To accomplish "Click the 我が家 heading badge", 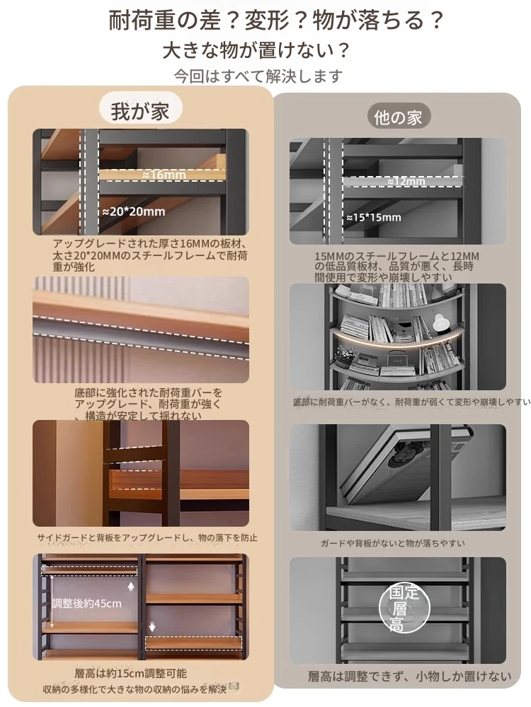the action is [x=140, y=110].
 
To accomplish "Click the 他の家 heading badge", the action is [x=397, y=117].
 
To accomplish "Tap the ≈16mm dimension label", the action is [x=164, y=175].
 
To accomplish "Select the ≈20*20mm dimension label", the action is [x=134, y=211].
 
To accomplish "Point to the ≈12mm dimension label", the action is [x=406, y=181].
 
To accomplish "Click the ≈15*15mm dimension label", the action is [x=373, y=218].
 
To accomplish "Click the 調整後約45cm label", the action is [x=86, y=603].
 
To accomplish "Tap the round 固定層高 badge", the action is [x=404, y=608].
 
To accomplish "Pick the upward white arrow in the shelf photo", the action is [x=132, y=586].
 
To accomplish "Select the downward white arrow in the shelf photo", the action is [x=152, y=626].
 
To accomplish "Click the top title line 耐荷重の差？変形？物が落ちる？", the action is [x=276, y=21].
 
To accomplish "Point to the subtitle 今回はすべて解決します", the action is [x=258, y=76].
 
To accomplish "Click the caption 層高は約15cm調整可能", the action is [x=130, y=674].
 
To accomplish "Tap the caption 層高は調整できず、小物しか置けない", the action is [x=410, y=677].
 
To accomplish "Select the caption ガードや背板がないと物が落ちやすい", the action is [x=392, y=543].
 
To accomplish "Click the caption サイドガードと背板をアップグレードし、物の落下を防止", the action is [x=147, y=537].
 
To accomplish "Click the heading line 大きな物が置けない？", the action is [x=256, y=50].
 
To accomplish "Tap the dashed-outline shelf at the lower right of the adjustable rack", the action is [x=193, y=643].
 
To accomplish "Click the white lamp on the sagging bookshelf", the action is [x=438, y=322].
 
